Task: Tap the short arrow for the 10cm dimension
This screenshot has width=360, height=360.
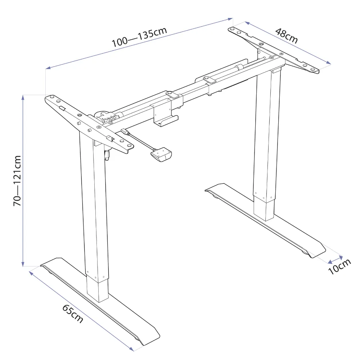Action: pos(335,258)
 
